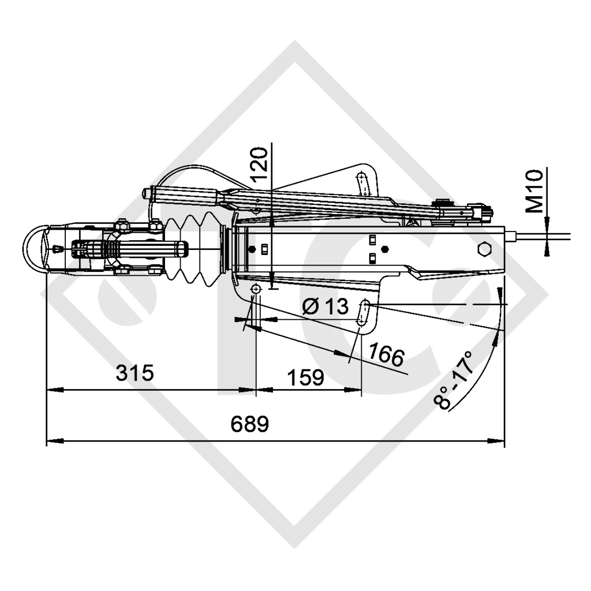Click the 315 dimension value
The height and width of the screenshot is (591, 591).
tap(134, 373)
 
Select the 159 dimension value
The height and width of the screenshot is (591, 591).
tap(305, 378)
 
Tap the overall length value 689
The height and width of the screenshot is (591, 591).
tap(250, 425)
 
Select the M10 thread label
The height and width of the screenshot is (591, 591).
tap(537, 191)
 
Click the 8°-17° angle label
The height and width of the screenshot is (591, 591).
tap(455, 380)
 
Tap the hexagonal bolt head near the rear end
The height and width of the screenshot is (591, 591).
tap(484, 249)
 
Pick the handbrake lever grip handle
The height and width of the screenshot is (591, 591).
tap(185, 194)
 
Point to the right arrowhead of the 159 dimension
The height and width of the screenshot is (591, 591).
tap(354, 390)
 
